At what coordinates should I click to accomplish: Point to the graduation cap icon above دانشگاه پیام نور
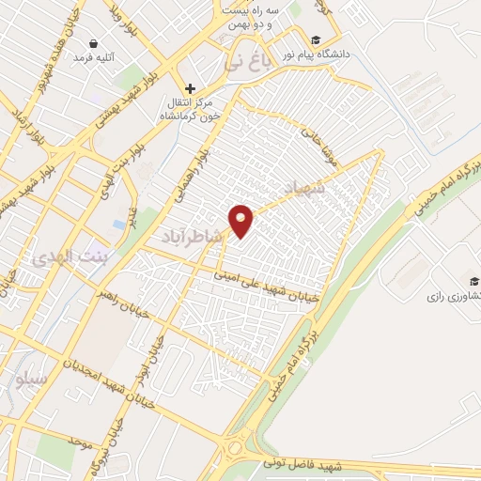(317, 40)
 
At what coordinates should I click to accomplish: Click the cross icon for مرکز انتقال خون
(189, 87)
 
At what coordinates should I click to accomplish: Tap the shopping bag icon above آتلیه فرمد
(94, 43)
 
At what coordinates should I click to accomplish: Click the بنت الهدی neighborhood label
(70, 256)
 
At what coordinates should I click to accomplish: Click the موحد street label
(79, 442)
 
